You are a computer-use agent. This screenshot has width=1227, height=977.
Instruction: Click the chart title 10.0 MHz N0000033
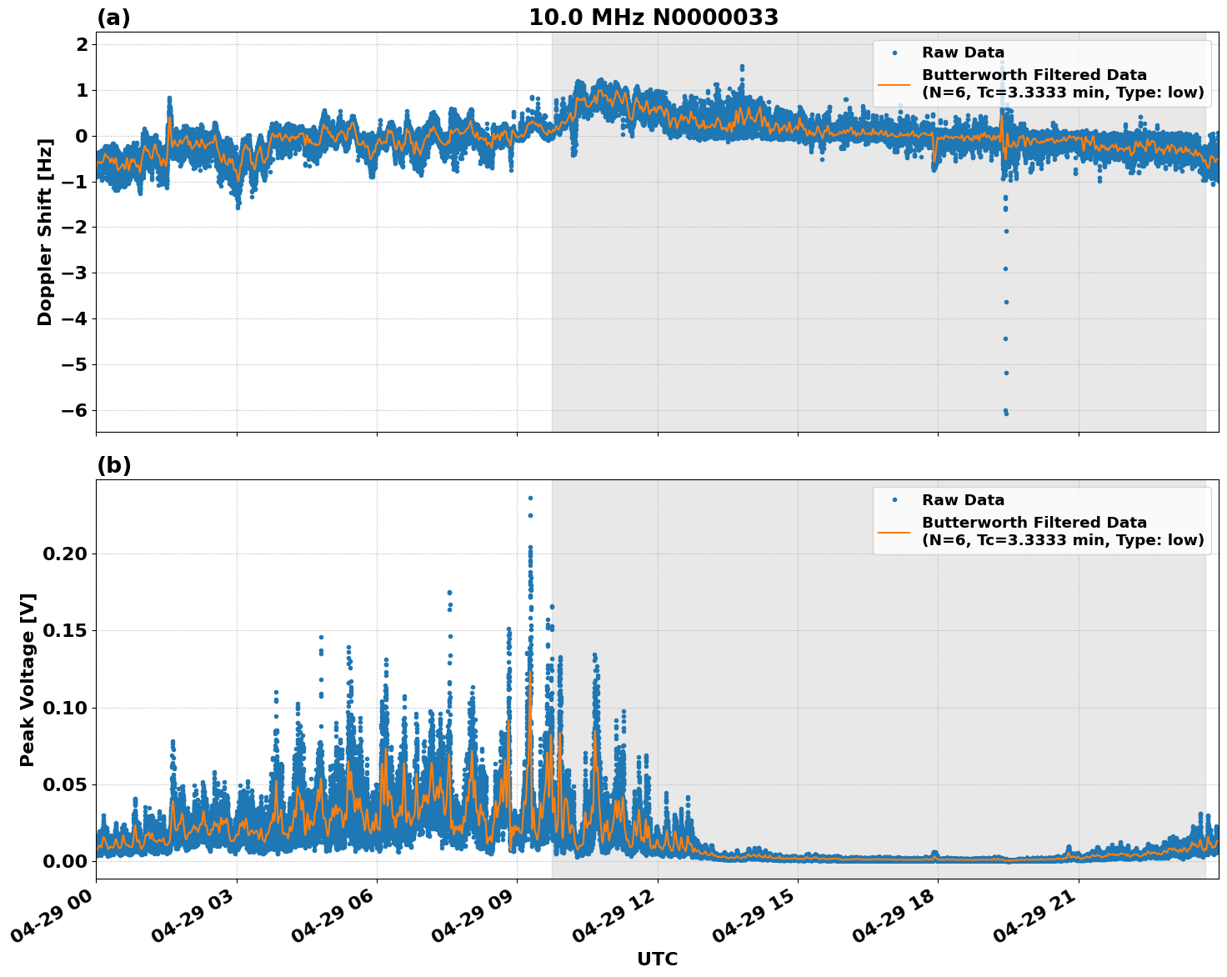654,18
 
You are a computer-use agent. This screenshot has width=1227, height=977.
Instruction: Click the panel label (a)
113,18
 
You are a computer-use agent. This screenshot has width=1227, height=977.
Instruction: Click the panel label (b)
113,465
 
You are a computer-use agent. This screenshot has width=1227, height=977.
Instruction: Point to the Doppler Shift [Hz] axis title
45,232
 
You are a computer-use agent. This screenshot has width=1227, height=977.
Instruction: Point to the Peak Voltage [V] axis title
28,679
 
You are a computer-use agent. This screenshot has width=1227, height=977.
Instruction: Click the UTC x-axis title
657,959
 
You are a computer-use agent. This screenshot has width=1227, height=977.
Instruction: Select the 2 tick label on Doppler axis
82,44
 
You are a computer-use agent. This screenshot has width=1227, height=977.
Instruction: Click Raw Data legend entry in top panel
963,53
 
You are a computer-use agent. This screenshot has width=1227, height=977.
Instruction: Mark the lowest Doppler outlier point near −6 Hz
1006,413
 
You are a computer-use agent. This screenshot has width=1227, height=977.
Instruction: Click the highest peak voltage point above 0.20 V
530,498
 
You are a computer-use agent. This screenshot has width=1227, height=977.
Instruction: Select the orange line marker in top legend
894,83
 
